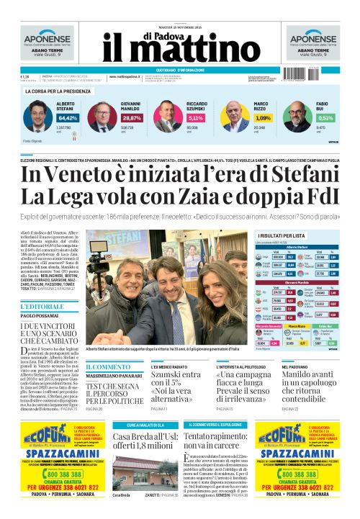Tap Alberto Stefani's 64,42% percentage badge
coord(68,117)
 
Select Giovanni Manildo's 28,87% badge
coord(132,117)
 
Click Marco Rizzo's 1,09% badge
coord(264,117)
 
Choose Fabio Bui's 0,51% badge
coord(325,117)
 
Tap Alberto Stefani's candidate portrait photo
coord(38,115)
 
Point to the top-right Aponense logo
coord(314,40)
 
